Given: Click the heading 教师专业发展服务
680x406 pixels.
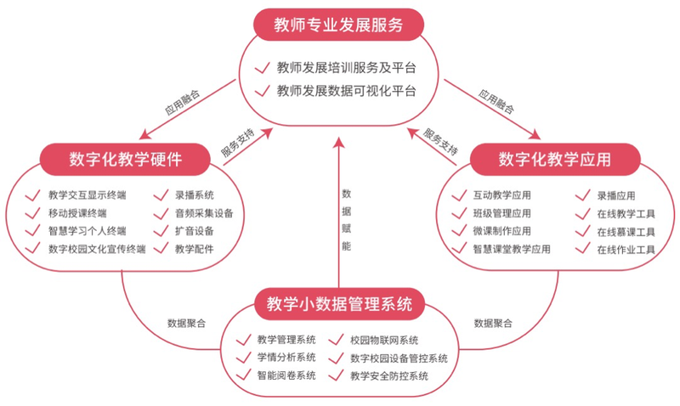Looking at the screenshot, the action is pyautogui.click(x=338, y=25).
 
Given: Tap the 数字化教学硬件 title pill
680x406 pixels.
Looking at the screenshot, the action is pyautogui.click(x=125, y=160).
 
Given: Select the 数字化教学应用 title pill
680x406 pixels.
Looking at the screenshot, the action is pyautogui.click(x=555, y=160).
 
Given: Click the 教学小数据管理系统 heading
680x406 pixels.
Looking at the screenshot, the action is pyautogui.click(x=339, y=304).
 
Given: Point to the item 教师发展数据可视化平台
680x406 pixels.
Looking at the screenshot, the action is pyautogui.click(x=347, y=91).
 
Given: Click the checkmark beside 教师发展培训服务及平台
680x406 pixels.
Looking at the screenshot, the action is pyautogui.click(x=263, y=68).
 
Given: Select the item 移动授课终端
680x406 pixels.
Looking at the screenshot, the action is pyautogui.click(x=77, y=213).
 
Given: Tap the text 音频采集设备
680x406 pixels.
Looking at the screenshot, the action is pyautogui.click(x=204, y=213).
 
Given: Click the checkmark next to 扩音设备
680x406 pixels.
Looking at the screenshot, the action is pyautogui.click(x=161, y=230).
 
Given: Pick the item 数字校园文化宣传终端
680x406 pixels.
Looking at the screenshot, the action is pyautogui.click(x=97, y=249).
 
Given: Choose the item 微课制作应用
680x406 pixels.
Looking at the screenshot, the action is pyautogui.click(x=501, y=231).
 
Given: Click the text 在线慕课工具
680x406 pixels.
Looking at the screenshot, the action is pyautogui.click(x=626, y=232).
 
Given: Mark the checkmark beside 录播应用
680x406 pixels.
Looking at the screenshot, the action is pyautogui.click(x=583, y=195).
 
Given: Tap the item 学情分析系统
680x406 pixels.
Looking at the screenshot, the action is pyautogui.click(x=286, y=358).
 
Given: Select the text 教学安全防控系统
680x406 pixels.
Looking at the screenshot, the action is pyautogui.click(x=389, y=376).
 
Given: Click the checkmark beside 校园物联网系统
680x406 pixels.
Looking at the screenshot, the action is pyautogui.click(x=336, y=340).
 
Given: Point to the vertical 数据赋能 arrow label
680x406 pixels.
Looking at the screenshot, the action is pyautogui.click(x=346, y=220).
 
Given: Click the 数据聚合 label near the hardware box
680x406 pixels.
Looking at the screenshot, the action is pyautogui.click(x=186, y=324).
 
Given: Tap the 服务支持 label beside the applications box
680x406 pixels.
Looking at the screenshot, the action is pyautogui.click(x=440, y=142).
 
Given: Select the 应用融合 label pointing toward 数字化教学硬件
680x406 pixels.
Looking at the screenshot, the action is pyautogui.click(x=183, y=102).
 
